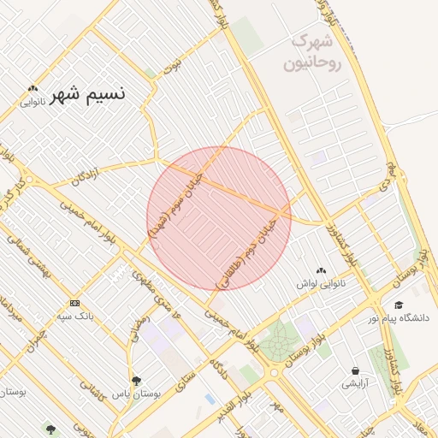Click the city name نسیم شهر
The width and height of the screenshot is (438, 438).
87,93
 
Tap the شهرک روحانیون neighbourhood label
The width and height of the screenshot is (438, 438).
316,51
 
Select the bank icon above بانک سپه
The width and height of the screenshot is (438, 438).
74,303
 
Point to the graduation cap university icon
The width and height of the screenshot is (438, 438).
399,305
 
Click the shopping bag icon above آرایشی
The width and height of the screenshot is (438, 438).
355,370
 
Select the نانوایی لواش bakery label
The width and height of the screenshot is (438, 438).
321,282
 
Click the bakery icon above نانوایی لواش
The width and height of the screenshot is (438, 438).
321,270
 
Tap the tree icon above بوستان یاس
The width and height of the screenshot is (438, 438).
136,381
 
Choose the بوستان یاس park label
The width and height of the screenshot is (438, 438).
136,394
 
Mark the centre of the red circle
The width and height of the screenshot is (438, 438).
219,219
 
